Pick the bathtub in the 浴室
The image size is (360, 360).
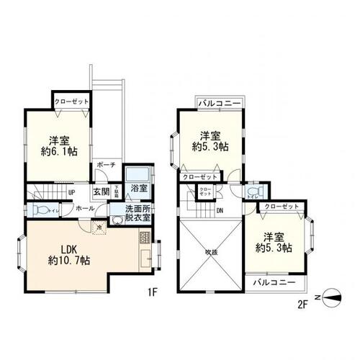coord(137,175)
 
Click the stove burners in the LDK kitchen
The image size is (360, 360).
coord(144,239)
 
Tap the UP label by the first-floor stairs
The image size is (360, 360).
coord(72,193)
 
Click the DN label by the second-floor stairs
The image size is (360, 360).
coord(218,210)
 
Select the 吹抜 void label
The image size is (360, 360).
coord(211,252)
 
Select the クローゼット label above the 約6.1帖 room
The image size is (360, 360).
coord(71,102)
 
